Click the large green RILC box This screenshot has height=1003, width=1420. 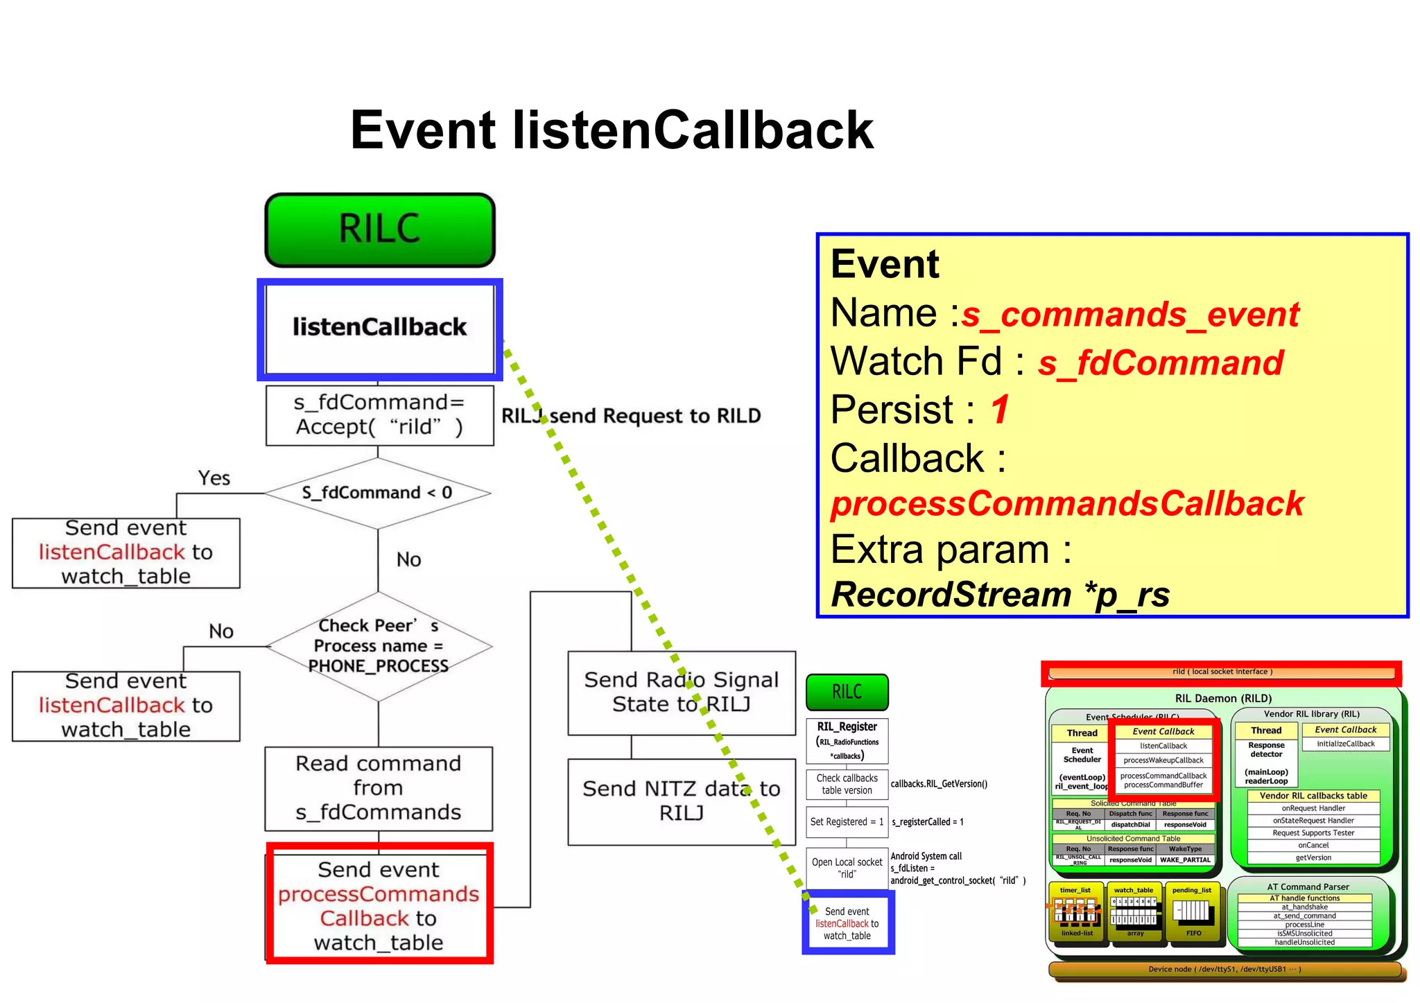[379, 229]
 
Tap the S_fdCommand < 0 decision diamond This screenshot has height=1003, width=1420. [377, 493]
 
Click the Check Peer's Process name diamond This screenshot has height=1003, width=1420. [379, 646]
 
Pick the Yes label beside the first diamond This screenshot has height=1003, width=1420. [214, 478]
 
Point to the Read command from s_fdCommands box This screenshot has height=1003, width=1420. [379, 788]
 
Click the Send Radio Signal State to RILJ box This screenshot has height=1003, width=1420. [681, 692]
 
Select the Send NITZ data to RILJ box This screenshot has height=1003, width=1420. [681, 801]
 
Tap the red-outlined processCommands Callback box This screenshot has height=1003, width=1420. [379, 905]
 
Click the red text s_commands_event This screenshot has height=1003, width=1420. [1130, 315]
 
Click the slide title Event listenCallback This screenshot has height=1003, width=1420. [612, 130]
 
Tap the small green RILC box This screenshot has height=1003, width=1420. [847, 692]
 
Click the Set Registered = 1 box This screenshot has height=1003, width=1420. [847, 822]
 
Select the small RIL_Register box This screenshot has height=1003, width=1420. [847, 740]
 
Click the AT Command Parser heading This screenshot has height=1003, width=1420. [1307, 887]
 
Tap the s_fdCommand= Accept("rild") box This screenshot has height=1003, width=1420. [379, 415]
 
